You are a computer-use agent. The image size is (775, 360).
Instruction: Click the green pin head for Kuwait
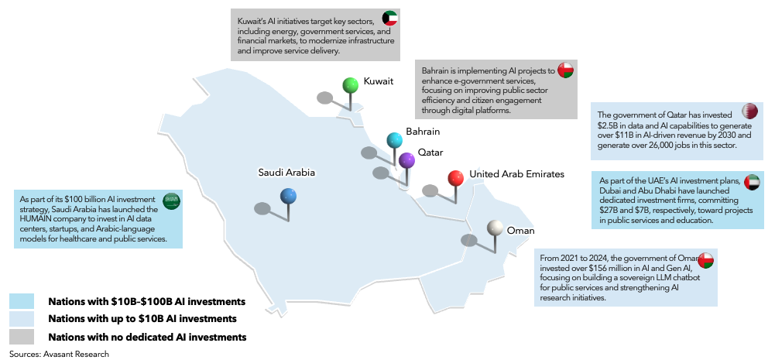coord(351,84)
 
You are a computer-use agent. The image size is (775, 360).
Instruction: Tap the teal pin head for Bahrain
coord(395,140)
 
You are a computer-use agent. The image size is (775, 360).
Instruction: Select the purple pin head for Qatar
coord(407,161)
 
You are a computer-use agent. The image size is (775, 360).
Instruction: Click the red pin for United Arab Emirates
coord(456,179)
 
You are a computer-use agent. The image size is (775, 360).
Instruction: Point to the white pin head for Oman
coord(495,228)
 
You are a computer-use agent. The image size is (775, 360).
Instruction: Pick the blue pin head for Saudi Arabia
coord(290,197)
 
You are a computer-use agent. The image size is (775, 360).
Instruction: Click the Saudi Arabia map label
coord(286,173)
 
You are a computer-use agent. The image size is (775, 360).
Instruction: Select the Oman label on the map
coord(520,230)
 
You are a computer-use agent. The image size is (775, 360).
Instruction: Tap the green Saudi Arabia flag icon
coord(171,201)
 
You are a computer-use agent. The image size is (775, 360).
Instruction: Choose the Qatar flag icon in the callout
coord(750,110)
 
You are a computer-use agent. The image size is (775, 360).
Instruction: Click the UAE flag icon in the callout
coord(750,182)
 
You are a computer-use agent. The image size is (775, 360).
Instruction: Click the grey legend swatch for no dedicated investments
coord(22,336)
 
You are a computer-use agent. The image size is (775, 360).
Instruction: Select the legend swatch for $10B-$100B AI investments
coord(22,300)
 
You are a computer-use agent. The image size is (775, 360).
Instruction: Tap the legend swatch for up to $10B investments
coord(22,318)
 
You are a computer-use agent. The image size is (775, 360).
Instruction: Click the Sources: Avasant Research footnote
coord(60,354)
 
